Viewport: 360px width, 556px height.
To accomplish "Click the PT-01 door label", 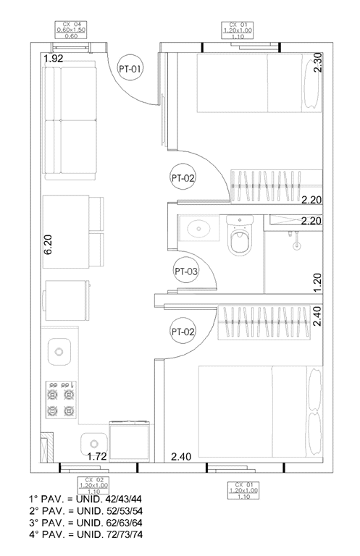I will (x=130, y=69).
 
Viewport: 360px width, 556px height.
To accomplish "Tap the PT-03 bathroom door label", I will (x=186, y=271).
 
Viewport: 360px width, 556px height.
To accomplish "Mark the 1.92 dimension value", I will (x=55, y=59).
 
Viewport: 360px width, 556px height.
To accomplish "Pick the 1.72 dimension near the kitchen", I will (x=98, y=457).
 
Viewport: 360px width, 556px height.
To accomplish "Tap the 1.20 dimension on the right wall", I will (x=317, y=281).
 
